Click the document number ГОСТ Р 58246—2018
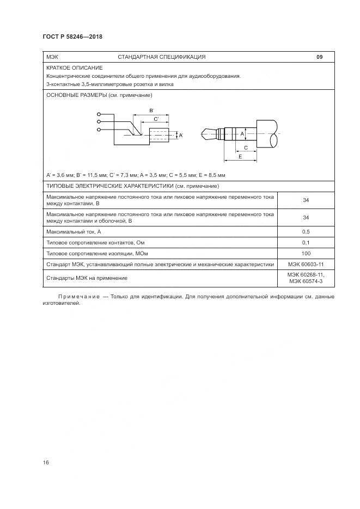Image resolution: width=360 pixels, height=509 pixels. [72, 37]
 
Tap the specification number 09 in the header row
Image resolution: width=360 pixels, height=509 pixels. [320, 57]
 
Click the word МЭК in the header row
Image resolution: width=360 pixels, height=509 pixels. [52, 57]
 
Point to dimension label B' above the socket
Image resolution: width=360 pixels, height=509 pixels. [151, 111]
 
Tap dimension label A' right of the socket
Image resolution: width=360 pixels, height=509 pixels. [181, 134]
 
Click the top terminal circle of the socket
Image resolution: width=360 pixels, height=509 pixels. [99, 115]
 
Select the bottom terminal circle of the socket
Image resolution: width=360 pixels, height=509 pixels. [99, 130]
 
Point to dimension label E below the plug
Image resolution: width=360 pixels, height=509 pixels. [240, 156]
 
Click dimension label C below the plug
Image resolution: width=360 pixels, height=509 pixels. [246, 148]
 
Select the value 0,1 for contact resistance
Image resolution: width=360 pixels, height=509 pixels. [306, 242]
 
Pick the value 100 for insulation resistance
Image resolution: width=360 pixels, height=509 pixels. [306, 253]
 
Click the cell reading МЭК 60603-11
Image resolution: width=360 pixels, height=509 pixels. [306, 264]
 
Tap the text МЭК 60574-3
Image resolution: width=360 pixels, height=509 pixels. [306, 281]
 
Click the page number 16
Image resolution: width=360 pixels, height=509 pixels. [46, 462]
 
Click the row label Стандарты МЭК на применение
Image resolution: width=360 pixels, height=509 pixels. [87, 278]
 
